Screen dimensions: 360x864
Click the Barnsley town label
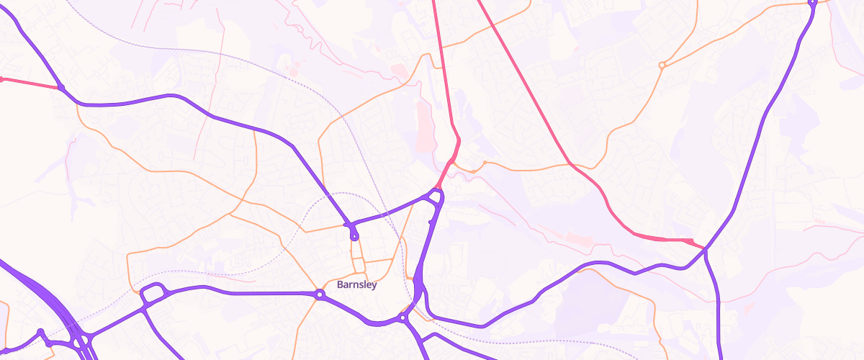[356, 284]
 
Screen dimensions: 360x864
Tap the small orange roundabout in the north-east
[662, 66]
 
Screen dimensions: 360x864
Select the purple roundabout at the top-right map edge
[812, 3]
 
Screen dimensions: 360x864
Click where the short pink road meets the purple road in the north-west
[61, 89]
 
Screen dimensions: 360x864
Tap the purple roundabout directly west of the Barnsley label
[319, 294]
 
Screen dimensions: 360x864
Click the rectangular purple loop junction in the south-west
[152, 293]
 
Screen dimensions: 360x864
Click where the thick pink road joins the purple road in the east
[704, 248]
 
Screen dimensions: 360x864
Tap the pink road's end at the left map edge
[2, 78]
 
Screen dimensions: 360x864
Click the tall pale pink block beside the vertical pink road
[425, 126]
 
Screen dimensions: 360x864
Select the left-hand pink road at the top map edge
[433, 3]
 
